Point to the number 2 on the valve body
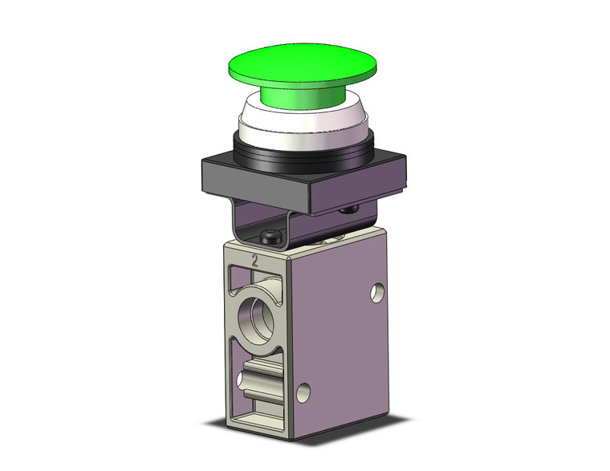254,261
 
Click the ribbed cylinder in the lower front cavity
264,372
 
